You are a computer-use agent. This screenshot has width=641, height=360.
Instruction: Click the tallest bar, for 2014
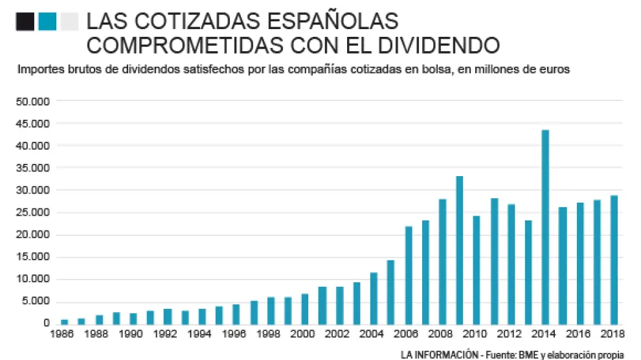[545, 227]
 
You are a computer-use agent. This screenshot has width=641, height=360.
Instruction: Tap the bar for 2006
[408, 275]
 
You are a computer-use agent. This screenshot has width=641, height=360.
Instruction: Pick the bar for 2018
[614, 260]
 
